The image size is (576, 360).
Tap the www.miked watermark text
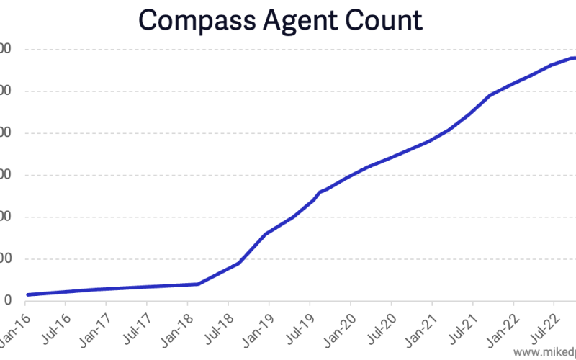tap(544, 353)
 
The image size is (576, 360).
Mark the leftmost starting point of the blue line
tap(27, 294)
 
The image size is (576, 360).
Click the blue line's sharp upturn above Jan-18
tap(198, 284)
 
